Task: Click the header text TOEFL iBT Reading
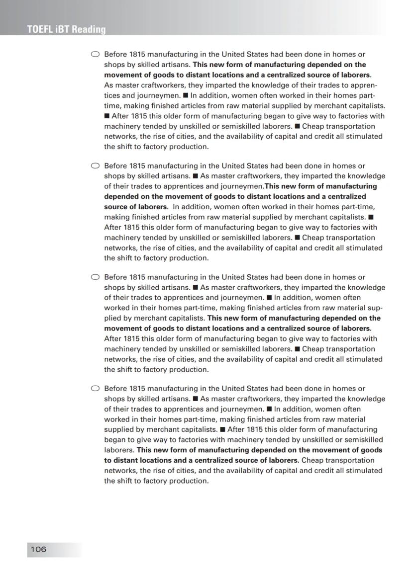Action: tap(67, 30)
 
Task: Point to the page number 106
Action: tap(38, 549)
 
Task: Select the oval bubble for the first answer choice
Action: tap(95, 54)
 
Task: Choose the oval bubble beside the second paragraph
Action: tap(95, 165)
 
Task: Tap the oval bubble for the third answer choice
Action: tap(95, 277)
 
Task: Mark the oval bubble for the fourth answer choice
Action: tap(95, 388)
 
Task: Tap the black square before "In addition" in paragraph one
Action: tap(185, 95)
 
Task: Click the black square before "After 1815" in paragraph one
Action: tap(106, 116)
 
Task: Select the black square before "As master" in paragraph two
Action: tap(196, 176)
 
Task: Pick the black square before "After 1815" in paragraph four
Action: tap(222, 429)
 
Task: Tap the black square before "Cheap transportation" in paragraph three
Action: tap(297, 349)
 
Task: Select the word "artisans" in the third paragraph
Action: tap(176, 287)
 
